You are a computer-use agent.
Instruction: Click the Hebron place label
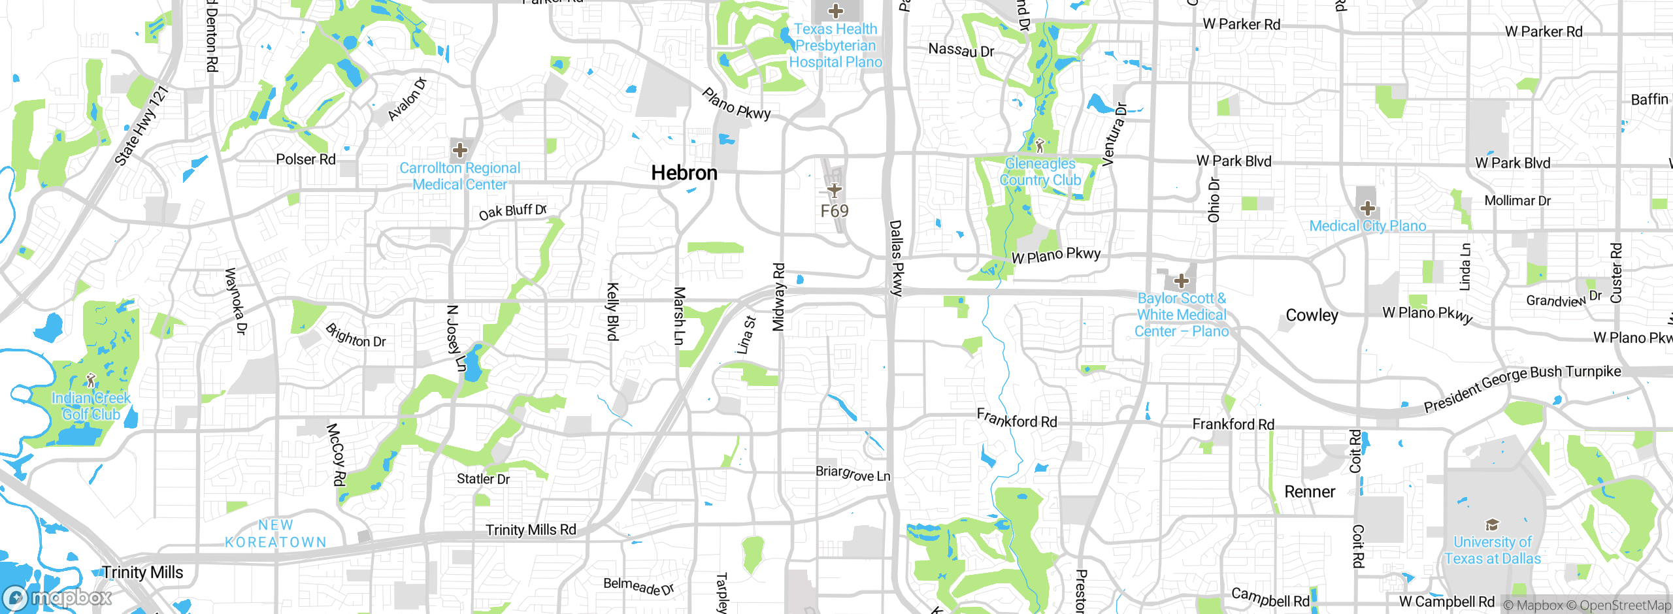(684, 173)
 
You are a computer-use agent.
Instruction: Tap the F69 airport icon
(835, 190)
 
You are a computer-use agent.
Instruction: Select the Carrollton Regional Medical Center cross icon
(460, 150)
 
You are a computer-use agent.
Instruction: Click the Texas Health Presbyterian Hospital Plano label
(835, 46)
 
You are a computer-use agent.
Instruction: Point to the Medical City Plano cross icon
(1367, 209)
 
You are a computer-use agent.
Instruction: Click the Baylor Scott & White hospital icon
(1181, 282)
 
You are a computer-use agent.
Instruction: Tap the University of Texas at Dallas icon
(1492, 525)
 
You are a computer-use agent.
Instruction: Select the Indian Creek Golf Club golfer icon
(91, 380)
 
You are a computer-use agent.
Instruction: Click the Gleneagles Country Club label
(1040, 172)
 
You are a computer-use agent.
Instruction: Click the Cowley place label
(1312, 315)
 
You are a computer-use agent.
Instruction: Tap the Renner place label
(1310, 492)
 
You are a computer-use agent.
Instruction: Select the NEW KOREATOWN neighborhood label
(275, 534)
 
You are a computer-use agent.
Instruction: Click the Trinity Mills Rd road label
(531, 530)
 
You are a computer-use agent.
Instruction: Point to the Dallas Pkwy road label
(896, 258)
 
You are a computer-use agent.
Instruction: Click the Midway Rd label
(778, 297)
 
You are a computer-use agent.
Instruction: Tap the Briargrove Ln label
(853, 474)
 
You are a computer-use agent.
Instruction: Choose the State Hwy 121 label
(142, 125)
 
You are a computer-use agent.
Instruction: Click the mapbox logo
(58, 597)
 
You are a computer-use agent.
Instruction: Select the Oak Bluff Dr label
(512, 212)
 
